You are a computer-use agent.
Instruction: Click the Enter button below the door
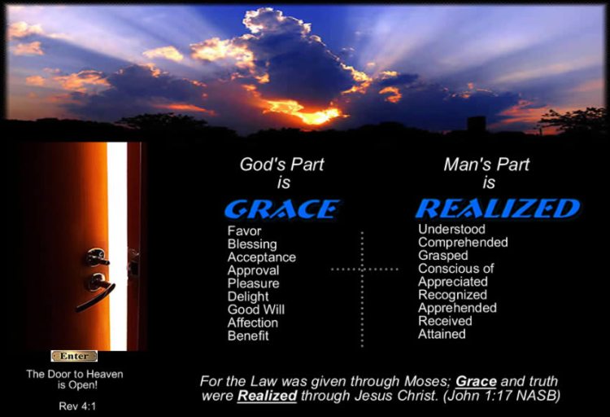tap(74, 356)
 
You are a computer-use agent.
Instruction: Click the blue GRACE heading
tap(281, 209)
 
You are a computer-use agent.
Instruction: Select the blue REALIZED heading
tap(497, 208)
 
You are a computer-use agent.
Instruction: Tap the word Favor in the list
tap(243, 231)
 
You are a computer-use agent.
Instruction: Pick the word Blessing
tap(252, 244)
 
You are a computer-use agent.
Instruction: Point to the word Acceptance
tap(261, 257)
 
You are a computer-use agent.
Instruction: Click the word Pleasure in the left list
tap(253, 283)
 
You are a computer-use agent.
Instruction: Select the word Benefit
tap(248, 336)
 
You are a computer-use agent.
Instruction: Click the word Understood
tap(451, 230)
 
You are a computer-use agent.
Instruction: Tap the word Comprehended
tap(463, 243)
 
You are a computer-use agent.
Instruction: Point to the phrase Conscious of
tap(455, 269)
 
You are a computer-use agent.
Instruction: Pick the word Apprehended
tap(457, 308)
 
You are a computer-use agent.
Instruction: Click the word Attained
tap(442, 334)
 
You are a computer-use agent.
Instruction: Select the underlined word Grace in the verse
tap(476, 381)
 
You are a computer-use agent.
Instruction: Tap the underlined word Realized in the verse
tap(266, 397)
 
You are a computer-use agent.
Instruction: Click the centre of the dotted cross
tap(363, 268)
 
